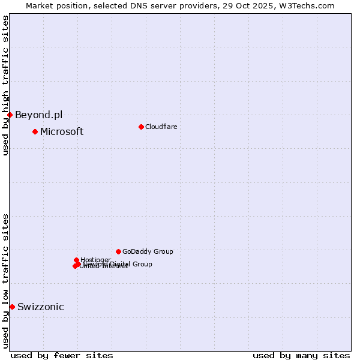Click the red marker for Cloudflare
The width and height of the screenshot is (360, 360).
(x=141, y=127)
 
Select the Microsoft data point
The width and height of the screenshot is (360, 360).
(x=35, y=131)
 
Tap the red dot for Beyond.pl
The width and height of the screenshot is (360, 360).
(x=10, y=115)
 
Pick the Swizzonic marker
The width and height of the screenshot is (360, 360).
(x=12, y=307)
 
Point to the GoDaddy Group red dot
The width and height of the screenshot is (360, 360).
(x=118, y=251)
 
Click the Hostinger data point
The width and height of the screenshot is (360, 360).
(x=77, y=260)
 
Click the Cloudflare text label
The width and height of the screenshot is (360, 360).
(x=161, y=127)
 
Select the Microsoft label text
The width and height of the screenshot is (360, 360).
(x=62, y=131)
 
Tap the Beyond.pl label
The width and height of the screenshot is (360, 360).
(x=38, y=115)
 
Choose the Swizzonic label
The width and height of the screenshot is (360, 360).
(x=41, y=307)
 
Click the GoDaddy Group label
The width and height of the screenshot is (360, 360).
(x=148, y=251)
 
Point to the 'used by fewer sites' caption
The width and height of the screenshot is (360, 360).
(x=62, y=355)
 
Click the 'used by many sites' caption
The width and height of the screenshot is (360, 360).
(x=301, y=355)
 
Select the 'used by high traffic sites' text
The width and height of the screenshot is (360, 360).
(x=5, y=85)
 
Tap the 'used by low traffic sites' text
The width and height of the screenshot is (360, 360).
(x=5, y=280)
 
